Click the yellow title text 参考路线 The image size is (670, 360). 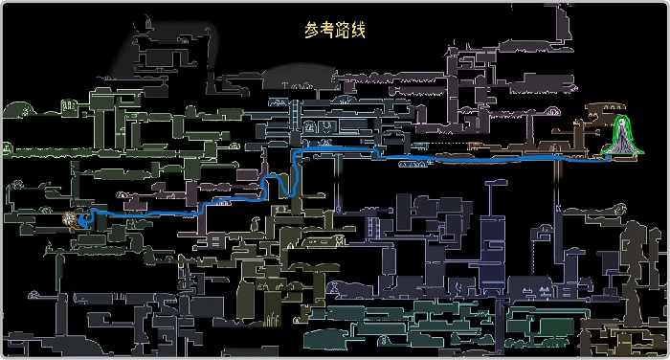pyautogui.click(x=335, y=31)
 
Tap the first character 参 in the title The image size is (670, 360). pyautogui.click(x=312, y=31)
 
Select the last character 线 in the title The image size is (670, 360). pyautogui.click(x=358, y=31)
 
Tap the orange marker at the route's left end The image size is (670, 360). pyautogui.click(x=71, y=219)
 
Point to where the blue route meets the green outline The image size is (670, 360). pyautogui.click(x=611, y=160)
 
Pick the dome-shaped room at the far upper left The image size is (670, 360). pyautogui.click(x=19, y=109)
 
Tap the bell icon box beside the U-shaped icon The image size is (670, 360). pyautogui.click(x=328, y=126)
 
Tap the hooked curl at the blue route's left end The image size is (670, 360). pyautogui.click(x=86, y=219)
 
